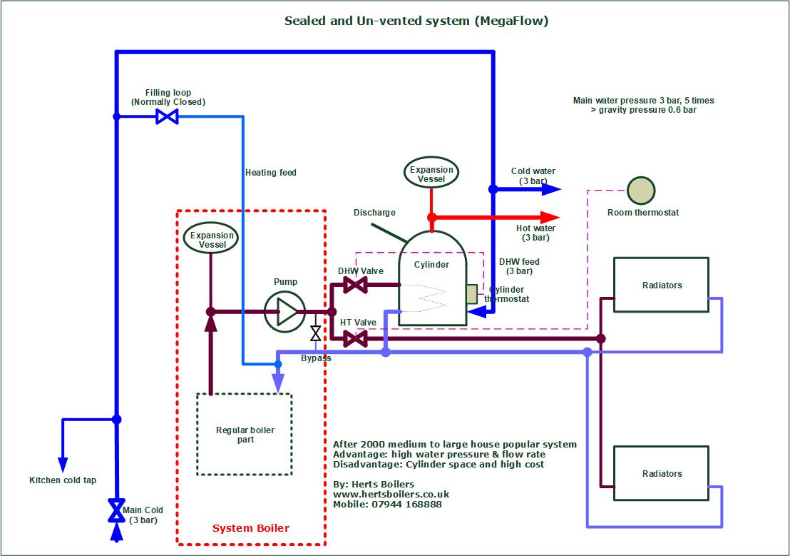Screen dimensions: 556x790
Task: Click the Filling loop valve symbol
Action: [x=167, y=116]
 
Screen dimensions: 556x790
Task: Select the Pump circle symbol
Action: [x=284, y=312]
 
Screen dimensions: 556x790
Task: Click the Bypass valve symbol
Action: [x=315, y=333]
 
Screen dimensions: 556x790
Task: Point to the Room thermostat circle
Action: [x=641, y=191]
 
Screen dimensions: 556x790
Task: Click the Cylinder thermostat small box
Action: [x=472, y=294]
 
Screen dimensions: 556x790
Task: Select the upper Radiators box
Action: [x=661, y=285]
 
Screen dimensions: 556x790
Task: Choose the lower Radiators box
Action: [x=661, y=473]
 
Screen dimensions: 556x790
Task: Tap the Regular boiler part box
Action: [x=244, y=434]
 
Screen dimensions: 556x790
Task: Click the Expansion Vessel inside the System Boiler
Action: [x=212, y=239]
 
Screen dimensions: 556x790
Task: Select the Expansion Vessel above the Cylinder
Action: [x=431, y=173]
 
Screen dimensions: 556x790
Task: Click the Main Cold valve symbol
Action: [x=115, y=510]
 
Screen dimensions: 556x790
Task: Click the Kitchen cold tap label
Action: [x=63, y=480]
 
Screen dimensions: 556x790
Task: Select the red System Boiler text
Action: [x=251, y=528]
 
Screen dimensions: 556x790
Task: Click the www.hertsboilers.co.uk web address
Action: [x=391, y=494]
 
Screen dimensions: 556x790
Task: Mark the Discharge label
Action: [x=374, y=213]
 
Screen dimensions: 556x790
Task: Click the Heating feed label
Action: [x=271, y=173]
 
